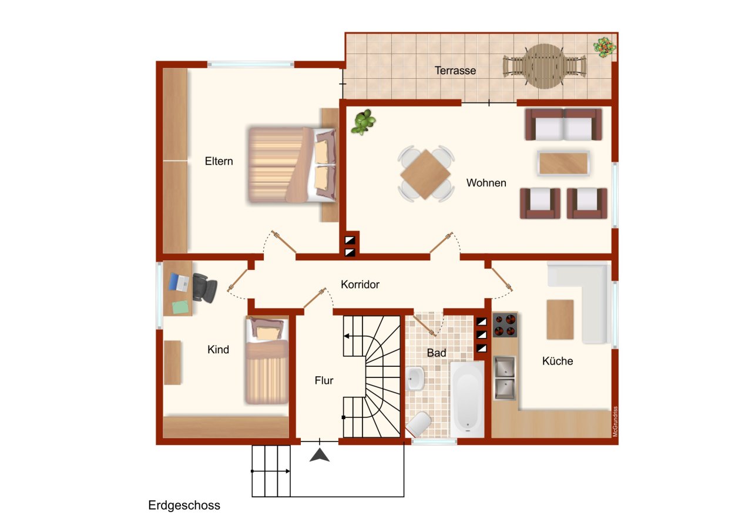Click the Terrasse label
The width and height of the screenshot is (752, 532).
pos(455,71)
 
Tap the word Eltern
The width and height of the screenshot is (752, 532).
pos(219,161)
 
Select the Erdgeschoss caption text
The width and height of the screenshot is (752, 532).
pos(184,505)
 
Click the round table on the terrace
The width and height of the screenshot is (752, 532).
pos(545,66)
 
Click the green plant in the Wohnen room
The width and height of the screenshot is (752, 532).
pos(363,122)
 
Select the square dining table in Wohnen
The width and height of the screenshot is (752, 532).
pos(425,174)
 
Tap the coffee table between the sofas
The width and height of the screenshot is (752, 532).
pos(563,163)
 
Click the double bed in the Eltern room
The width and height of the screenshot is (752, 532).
pos(291,165)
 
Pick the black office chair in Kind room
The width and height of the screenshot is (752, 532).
pos(204,287)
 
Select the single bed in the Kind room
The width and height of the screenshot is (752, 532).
pos(267,360)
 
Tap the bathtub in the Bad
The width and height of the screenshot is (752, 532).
pos(467,399)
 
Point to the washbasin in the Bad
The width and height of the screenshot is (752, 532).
pos(415,379)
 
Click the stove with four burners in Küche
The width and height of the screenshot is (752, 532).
pos(505,325)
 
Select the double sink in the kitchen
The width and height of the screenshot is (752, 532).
pos(505,377)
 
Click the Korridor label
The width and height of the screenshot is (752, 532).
pos(360,285)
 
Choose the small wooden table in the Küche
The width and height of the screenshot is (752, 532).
pos(560,319)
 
